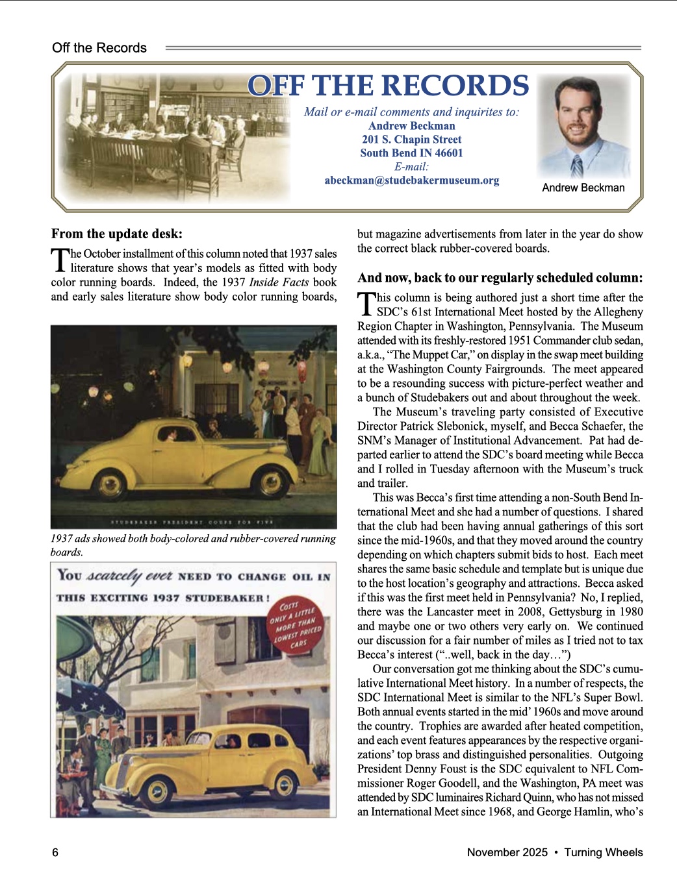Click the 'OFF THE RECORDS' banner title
point(388,86)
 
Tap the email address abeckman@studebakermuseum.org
point(412,180)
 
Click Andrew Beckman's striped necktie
point(576,166)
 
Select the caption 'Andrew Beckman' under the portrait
point(583,188)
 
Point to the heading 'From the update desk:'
point(117,234)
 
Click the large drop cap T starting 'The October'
point(60,260)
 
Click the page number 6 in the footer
point(55,852)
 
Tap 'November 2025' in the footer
point(507,852)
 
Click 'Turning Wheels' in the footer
point(603,852)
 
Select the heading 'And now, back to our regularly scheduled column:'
point(500,278)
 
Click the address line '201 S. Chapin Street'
point(412,140)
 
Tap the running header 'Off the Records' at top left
point(99,48)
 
